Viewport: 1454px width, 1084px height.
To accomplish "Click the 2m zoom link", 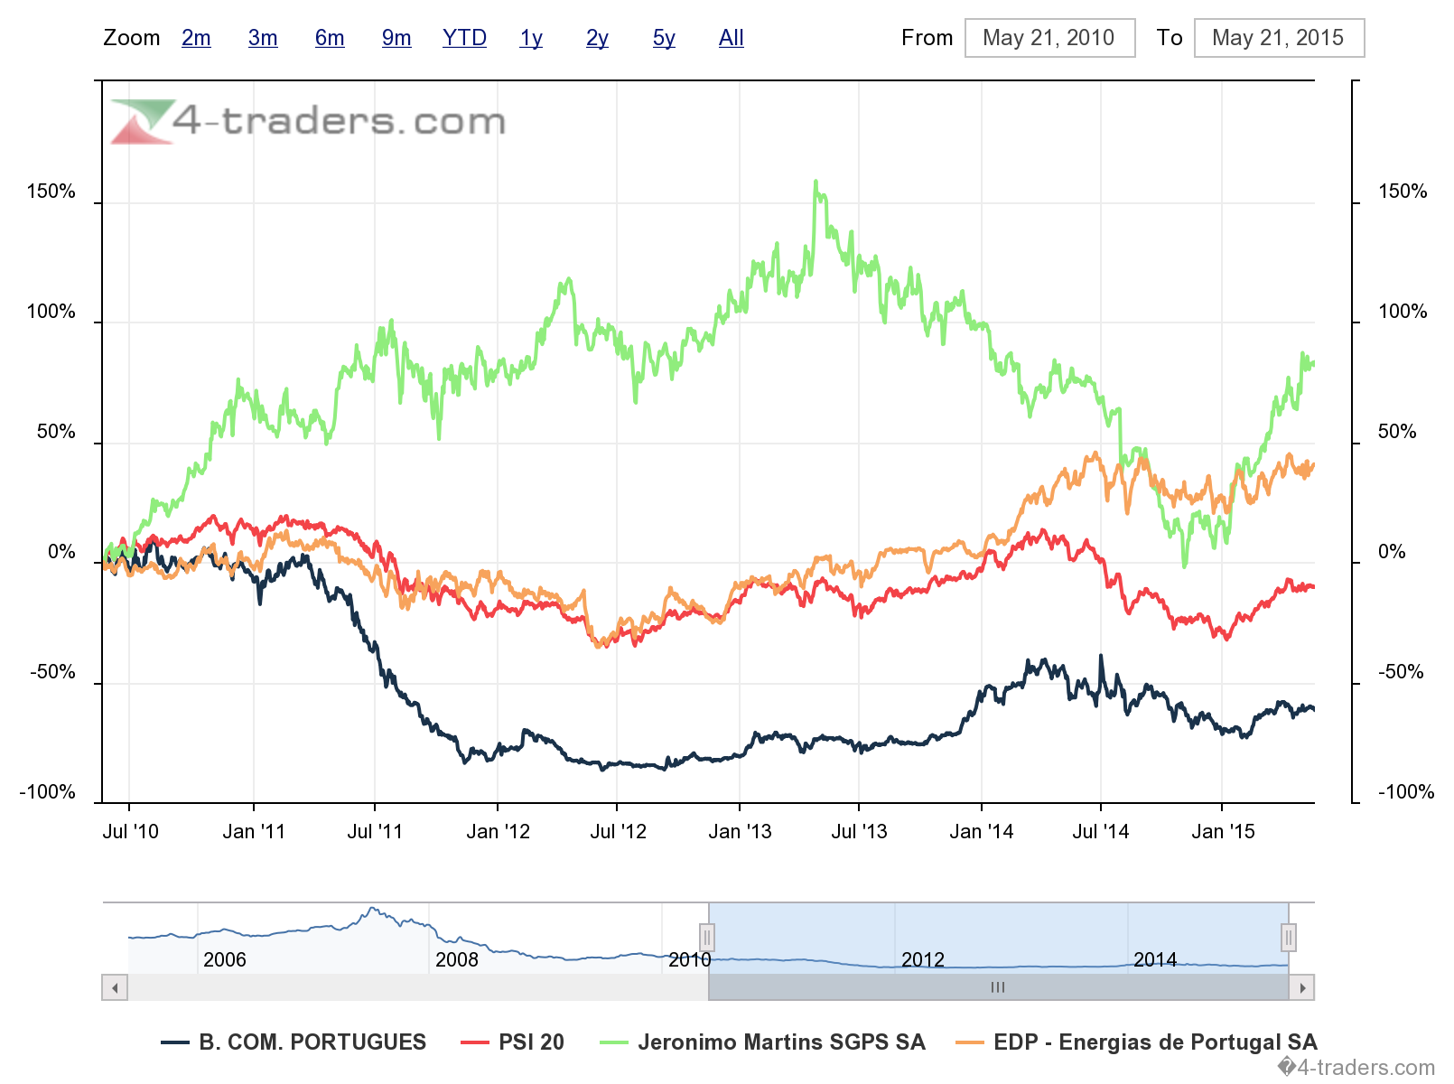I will [196, 38].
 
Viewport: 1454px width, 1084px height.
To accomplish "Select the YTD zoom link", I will [464, 38].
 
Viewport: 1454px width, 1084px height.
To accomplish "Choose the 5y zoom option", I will [664, 38].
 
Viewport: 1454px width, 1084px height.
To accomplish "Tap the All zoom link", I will [731, 38].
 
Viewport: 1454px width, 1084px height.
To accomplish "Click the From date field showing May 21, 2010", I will [1049, 38].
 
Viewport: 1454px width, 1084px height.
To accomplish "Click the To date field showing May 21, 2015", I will [1278, 38].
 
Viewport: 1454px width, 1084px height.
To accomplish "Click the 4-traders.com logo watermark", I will [308, 121].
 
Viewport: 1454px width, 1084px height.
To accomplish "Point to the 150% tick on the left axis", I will [51, 192].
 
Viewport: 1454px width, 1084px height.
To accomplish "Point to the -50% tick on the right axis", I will [1401, 672].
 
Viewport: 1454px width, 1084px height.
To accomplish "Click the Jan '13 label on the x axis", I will [740, 832].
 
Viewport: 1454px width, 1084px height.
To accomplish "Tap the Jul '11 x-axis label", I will [375, 832].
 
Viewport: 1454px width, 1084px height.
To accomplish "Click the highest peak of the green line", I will [816, 182].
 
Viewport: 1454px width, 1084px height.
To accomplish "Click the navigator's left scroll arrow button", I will [115, 987].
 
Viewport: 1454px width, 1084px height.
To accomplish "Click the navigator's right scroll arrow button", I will [1301, 987].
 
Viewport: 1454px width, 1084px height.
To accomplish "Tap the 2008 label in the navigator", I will [456, 959].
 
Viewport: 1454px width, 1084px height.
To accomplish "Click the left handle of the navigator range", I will [707, 938].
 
